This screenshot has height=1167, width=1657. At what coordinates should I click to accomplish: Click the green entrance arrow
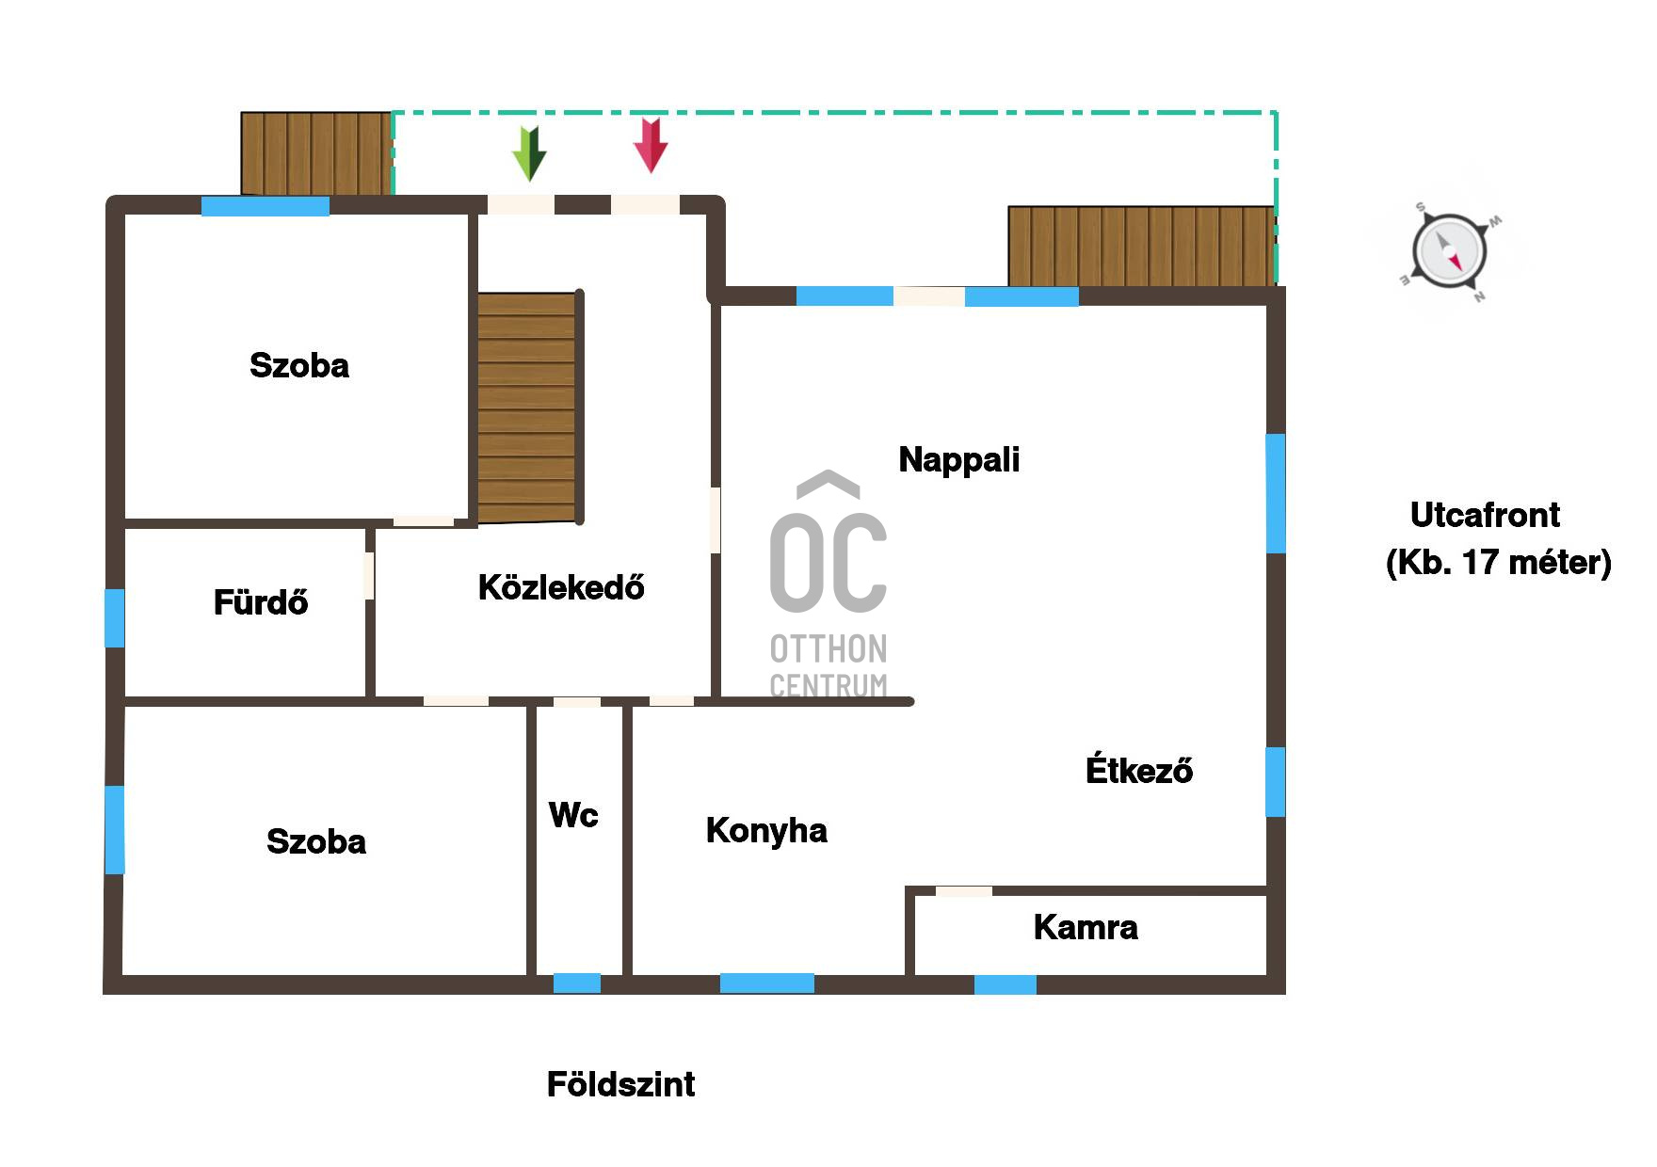click(x=529, y=153)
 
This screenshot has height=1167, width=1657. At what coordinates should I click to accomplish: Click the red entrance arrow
click(x=651, y=145)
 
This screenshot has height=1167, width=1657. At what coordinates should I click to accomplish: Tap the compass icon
click(x=1450, y=252)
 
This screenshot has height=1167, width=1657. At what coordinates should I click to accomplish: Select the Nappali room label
click(x=959, y=460)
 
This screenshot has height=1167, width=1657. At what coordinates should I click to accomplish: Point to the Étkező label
click(x=1139, y=770)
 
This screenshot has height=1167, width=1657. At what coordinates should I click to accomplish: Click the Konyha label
click(x=766, y=831)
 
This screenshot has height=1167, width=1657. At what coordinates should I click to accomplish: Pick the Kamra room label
click(x=1086, y=928)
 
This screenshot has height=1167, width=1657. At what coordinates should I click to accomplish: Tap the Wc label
click(x=573, y=815)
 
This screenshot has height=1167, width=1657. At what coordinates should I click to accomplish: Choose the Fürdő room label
click(x=261, y=602)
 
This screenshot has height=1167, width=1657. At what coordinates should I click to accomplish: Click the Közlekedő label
click(x=561, y=587)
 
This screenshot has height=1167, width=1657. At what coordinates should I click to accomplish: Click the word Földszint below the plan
click(x=620, y=1085)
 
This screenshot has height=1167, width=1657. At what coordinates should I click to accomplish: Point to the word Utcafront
click(x=1485, y=516)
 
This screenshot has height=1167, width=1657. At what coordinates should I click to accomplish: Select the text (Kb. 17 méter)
click(x=1499, y=563)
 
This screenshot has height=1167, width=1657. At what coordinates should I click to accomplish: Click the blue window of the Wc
click(x=577, y=983)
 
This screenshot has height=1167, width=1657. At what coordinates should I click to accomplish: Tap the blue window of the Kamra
click(x=1005, y=984)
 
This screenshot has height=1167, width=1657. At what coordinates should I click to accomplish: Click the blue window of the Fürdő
click(x=114, y=618)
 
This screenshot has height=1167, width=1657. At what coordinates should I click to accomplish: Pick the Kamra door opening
click(x=963, y=891)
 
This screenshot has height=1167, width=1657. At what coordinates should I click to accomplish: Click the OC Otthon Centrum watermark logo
click(x=828, y=584)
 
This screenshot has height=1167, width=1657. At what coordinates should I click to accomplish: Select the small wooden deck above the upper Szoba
click(x=316, y=153)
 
